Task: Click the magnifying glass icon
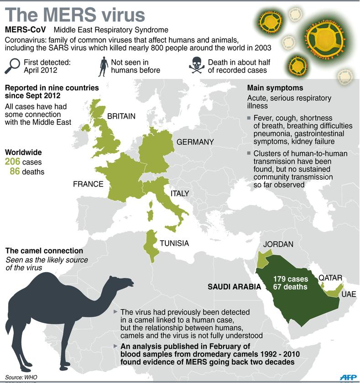[x=13, y=66]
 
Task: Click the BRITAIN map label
[x=121, y=116]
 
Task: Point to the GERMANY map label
[x=195, y=142]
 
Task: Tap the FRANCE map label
[x=88, y=184]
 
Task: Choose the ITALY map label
[x=179, y=194]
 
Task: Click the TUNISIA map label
[x=174, y=243]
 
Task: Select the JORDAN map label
[x=278, y=244]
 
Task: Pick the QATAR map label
[x=330, y=278]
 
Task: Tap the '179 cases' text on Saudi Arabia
[x=290, y=279]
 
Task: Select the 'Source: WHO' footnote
[x=22, y=377]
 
